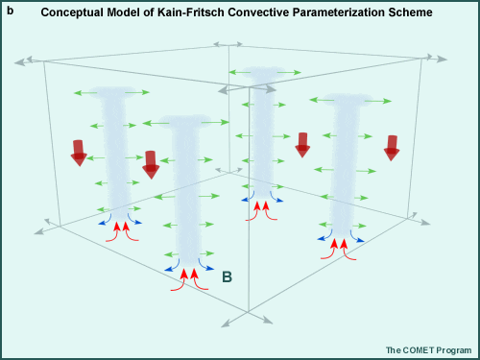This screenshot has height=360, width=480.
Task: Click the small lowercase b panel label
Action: tap(10, 11)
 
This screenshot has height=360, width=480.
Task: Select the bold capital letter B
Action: tap(228, 277)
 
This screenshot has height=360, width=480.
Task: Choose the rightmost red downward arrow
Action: tap(392, 147)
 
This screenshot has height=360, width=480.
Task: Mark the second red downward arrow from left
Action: tap(151, 164)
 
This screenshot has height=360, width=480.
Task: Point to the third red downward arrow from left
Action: tap(302, 144)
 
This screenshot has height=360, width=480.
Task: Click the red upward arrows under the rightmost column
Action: tap(339, 247)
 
